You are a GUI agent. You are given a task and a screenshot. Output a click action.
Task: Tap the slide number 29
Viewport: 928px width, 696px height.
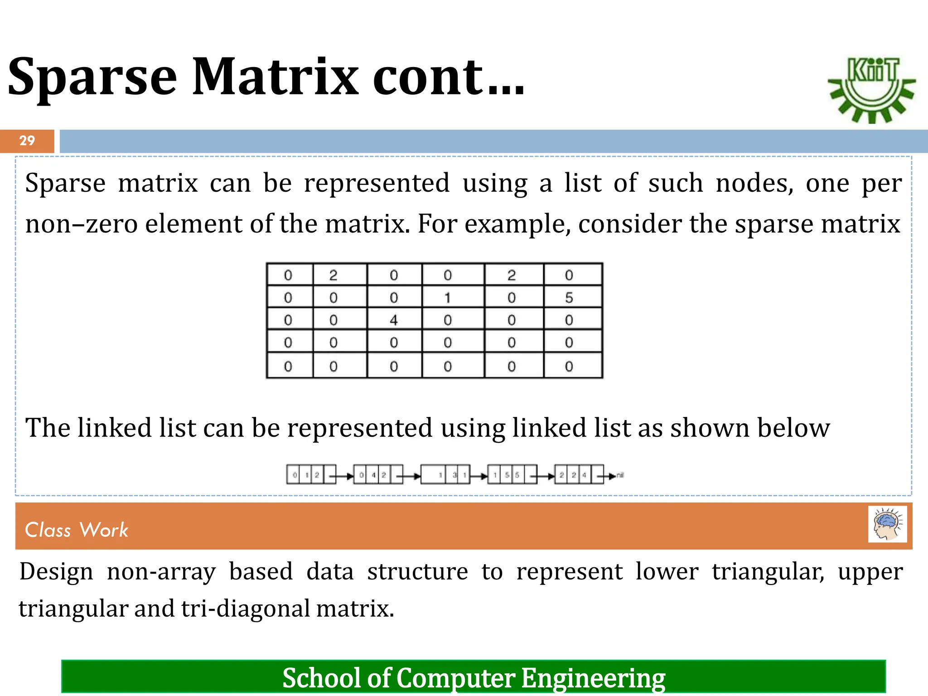click(27, 140)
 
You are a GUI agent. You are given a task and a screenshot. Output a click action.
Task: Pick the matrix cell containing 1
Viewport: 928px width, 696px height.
click(448, 298)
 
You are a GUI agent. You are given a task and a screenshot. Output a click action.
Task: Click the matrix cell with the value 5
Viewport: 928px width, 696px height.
click(569, 298)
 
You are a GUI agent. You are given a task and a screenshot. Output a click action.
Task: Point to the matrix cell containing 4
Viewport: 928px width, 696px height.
click(394, 320)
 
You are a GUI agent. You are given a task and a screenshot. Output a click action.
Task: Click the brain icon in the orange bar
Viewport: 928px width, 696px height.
click(887, 524)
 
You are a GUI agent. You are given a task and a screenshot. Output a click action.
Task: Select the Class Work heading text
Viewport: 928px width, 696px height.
click(77, 530)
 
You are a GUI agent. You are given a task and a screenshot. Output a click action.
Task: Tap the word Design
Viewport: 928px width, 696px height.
click(56, 572)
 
